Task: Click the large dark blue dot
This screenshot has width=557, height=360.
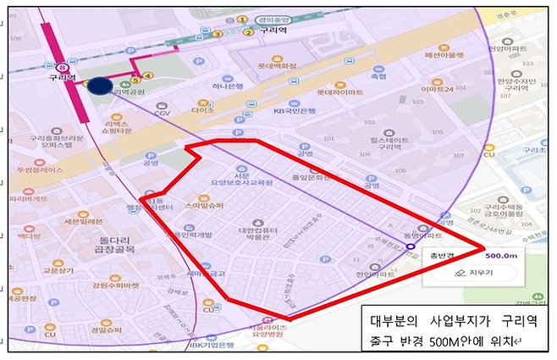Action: (99, 86)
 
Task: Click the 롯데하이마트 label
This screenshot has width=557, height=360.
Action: (340, 91)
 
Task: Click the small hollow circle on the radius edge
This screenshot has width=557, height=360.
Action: (410, 248)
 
